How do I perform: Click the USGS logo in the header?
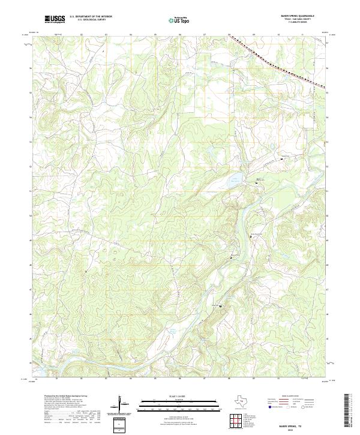click(x=55, y=19)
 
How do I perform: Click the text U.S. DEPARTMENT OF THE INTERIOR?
click(x=91, y=17)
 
